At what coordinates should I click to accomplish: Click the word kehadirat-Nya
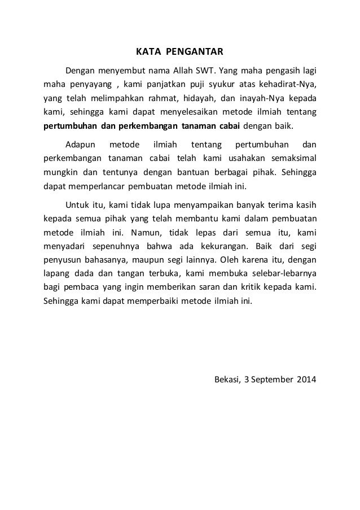coord(290,85)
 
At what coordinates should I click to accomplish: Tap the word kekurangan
coord(208,246)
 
